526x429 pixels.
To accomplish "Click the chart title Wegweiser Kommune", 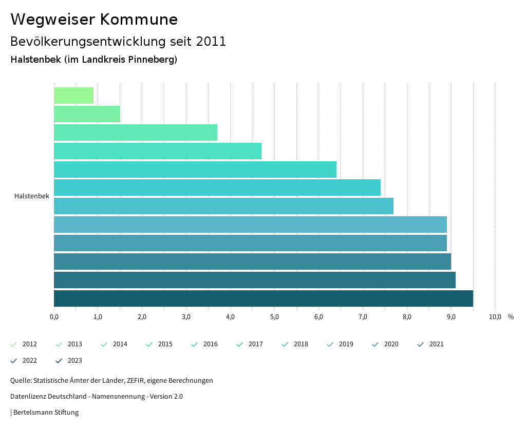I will point(94,20).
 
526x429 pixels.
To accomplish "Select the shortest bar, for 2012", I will point(73,96).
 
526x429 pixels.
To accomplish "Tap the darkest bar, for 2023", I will point(263,299).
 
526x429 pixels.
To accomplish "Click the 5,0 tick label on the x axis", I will point(274,317).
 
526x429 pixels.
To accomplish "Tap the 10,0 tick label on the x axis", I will point(495,317).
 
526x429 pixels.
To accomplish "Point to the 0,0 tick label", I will point(54,317).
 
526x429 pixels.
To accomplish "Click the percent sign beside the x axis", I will point(511,317).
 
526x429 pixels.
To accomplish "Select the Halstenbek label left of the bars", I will point(32,196).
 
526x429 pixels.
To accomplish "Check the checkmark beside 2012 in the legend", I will point(14,344).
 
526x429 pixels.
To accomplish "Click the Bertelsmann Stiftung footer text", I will point(46,412).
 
